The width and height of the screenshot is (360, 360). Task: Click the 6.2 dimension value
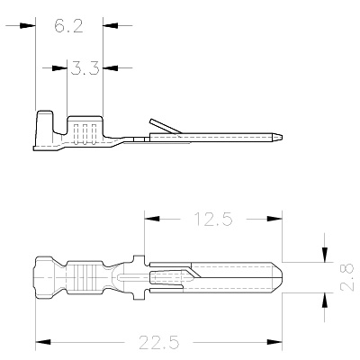68,26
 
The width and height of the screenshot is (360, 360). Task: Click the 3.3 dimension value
85,67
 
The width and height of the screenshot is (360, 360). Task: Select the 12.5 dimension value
213,219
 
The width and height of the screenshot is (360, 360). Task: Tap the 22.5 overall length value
159,342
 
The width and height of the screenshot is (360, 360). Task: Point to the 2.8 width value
347,277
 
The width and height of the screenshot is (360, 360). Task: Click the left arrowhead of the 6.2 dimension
28,26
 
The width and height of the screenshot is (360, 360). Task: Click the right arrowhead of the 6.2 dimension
110,26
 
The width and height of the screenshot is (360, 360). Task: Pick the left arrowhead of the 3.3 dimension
59,68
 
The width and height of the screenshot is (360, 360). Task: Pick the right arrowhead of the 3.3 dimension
110,68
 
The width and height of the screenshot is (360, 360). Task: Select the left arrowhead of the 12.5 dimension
152,219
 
